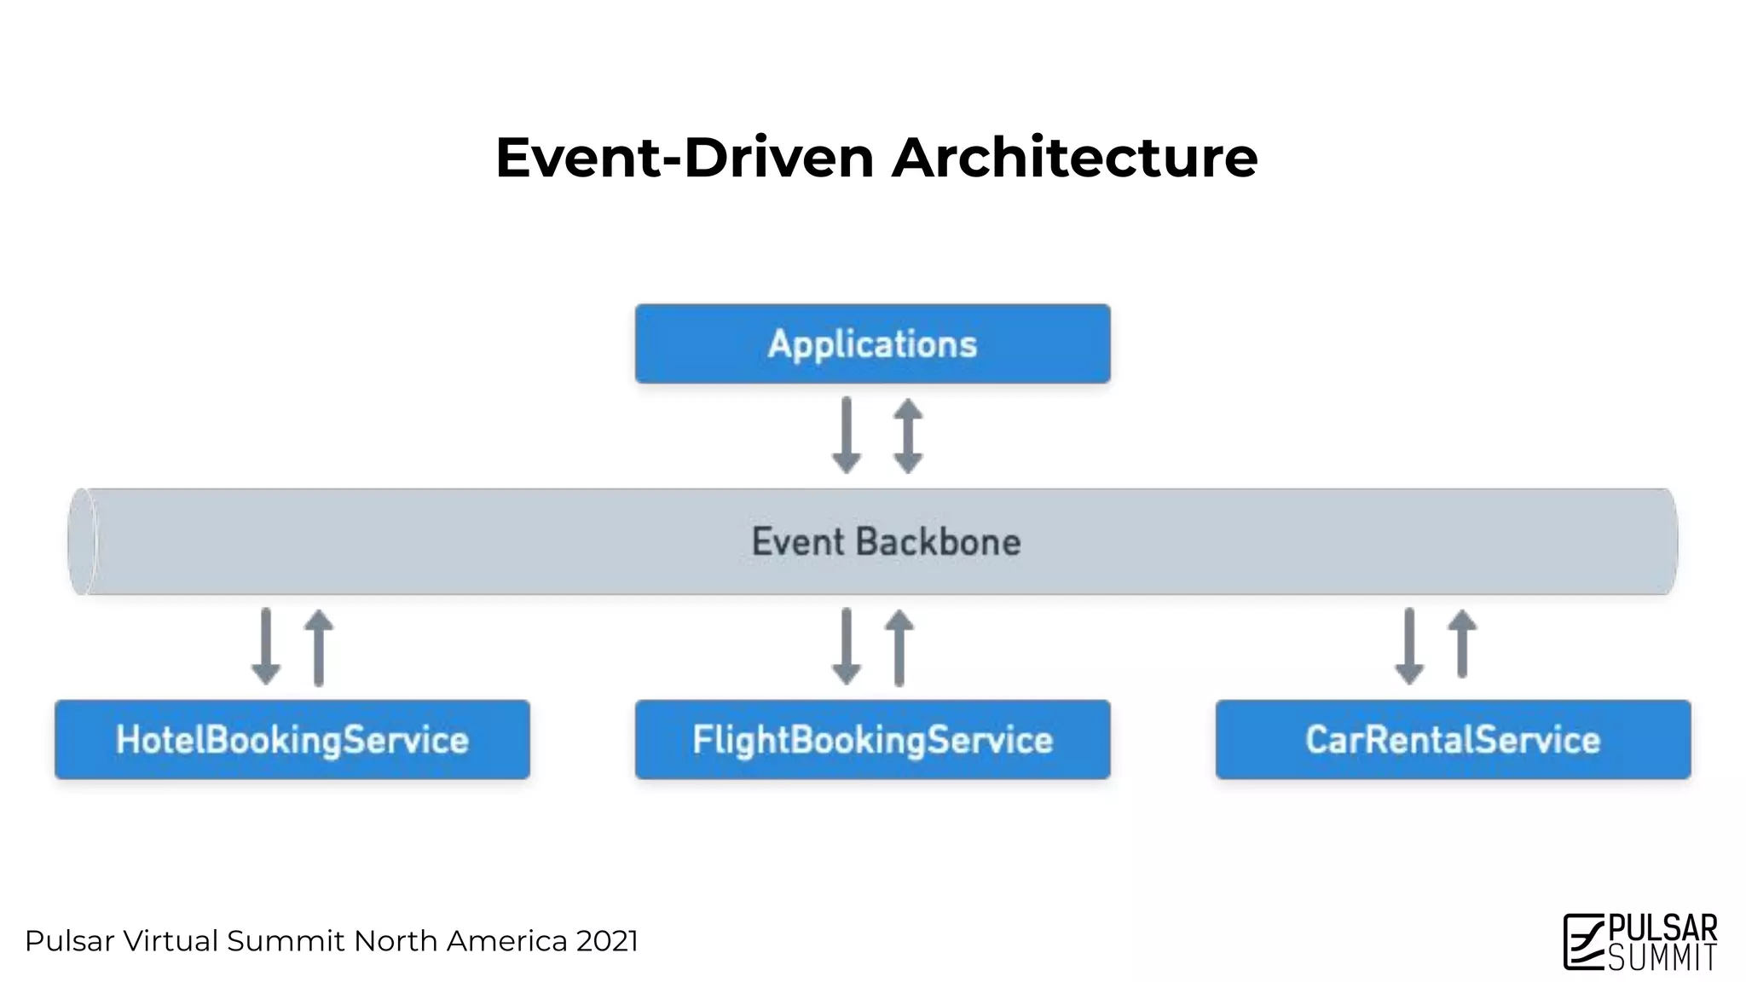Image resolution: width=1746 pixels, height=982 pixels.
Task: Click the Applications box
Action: pos(872,344)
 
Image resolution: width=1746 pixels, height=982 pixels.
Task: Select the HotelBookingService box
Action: pos(292,739)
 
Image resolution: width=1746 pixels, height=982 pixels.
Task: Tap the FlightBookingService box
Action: pos(872,739)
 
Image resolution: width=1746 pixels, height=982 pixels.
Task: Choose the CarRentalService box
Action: pos(1453,739)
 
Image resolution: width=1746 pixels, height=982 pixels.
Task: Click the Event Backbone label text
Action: pos(886,542)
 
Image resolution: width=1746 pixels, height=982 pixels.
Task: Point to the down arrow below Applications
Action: pos(846,435)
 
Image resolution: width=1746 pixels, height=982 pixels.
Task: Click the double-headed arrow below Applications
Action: pos(908,436)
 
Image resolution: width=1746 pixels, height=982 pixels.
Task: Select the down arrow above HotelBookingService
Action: pos(266,646)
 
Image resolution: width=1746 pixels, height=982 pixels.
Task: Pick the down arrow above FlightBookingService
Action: pos(846,646)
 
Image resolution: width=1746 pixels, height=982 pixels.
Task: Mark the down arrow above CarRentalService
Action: pos(1409,646)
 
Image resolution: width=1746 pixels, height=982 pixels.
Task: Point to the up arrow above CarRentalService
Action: pos(1462,644)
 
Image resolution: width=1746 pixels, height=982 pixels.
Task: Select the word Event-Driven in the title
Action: pos(685,158)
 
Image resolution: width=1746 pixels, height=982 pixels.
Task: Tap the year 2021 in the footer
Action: pos(607,941)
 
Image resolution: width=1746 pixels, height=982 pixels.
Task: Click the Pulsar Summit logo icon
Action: pos(1583,941)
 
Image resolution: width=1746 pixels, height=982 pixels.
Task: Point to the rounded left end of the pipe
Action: pos(82,541)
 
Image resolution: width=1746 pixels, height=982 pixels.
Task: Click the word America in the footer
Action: pos(506,941)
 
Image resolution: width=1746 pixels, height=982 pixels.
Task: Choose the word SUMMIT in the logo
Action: pos(1662,957)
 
